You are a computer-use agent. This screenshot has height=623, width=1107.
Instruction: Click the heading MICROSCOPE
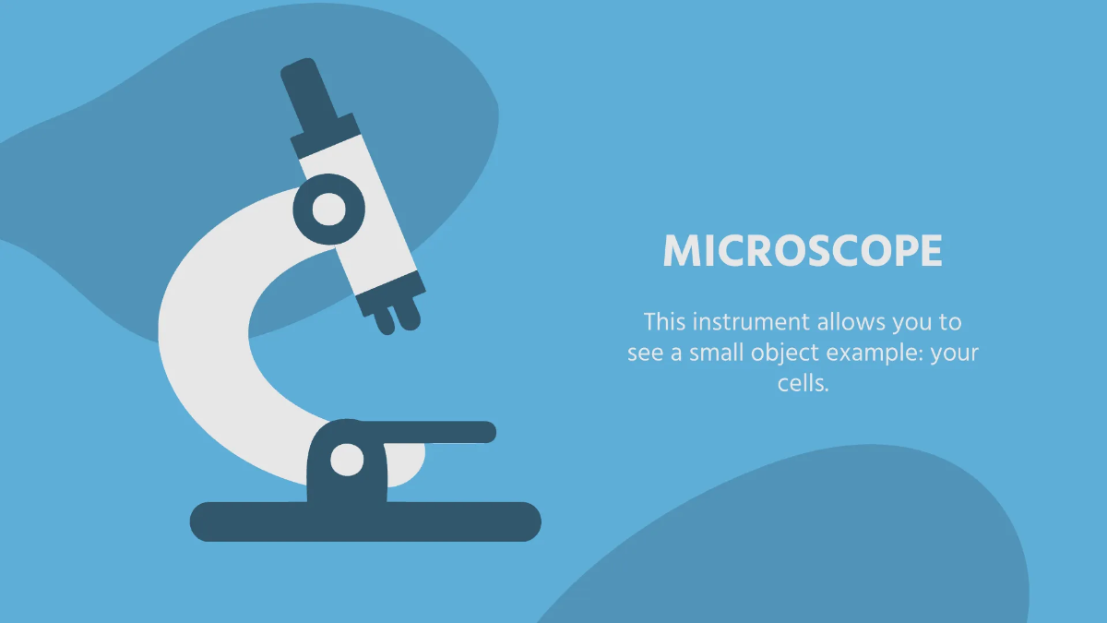803,251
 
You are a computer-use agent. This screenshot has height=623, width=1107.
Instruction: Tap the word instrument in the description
749,322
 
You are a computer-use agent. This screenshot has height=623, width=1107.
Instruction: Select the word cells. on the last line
803,383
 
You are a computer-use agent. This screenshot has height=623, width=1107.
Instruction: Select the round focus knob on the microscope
327,210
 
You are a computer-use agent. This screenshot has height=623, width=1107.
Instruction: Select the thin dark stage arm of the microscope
443,432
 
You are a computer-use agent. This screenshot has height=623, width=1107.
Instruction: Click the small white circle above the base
347,459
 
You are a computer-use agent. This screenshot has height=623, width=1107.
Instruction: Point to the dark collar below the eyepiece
325,135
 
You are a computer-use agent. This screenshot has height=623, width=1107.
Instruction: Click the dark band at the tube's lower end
390,290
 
